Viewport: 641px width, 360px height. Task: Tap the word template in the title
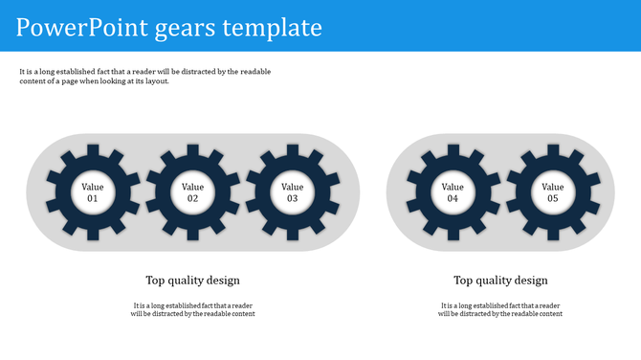pos(272,28)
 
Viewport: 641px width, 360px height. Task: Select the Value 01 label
pos(93,192)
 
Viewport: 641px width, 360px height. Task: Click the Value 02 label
pos(192,192)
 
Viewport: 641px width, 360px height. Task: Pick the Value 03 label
pos(292,192)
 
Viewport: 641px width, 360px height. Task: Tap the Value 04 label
pos(453,192)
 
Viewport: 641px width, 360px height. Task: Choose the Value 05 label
pos(552,192)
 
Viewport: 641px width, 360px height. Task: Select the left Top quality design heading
pos(192,281)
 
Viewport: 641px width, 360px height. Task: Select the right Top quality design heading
pos(500,281)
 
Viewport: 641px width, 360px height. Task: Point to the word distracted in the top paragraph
pos(195,71)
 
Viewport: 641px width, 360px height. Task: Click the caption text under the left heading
pos(192,309)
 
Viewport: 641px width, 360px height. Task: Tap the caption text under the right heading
pos(500,309)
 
